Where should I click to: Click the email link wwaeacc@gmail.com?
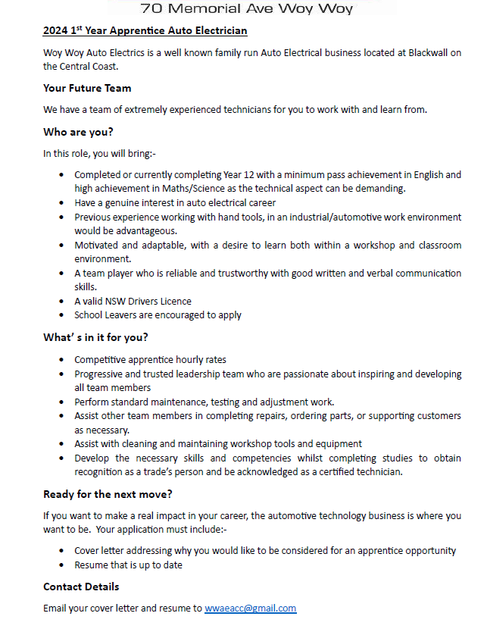250,608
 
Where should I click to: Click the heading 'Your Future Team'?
87,88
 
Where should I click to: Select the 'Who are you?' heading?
78,132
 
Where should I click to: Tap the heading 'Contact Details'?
81,587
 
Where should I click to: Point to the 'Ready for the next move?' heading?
108,495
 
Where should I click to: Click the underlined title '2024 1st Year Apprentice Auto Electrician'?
145,31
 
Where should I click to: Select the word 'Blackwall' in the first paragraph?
433,52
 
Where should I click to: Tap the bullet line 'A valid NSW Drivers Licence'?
133,301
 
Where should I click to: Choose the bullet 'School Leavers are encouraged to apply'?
158,314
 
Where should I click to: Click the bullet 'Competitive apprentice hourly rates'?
150,360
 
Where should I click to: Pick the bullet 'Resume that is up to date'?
128,565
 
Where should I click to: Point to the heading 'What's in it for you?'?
95,338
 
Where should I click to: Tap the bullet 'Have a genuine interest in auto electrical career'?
175,202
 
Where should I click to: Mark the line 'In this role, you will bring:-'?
99,153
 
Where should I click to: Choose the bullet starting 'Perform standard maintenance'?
204,402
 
